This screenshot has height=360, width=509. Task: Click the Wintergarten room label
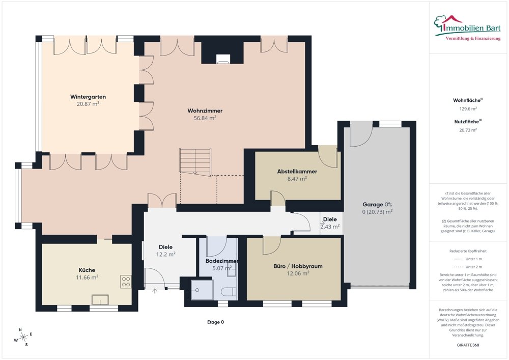[88, 97]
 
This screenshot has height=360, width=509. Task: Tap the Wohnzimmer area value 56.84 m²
[205, 118]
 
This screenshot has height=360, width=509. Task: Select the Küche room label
[87, 270]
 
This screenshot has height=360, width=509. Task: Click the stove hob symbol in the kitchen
[126, 282]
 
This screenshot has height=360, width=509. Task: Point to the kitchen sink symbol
[100, 299]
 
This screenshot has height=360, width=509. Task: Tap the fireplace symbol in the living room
[223, 59]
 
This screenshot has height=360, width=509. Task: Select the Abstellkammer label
[297, 172]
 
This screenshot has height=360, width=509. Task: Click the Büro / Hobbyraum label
[298, 266]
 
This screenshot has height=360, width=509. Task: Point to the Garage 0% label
[377, 205]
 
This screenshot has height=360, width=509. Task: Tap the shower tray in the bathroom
[202, 290]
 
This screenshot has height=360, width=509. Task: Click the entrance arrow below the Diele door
[155, 291]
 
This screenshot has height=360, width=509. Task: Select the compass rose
[23, 338]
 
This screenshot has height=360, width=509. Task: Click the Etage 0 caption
[215, 322]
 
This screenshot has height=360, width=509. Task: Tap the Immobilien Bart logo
[467, 27]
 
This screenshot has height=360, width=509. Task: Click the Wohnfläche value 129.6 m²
[468, 109]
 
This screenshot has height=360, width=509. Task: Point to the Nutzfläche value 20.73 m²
[468, 130]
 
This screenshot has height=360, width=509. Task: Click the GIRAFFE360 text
[468, 345]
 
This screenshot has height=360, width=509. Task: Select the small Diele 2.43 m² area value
[330, 227]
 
